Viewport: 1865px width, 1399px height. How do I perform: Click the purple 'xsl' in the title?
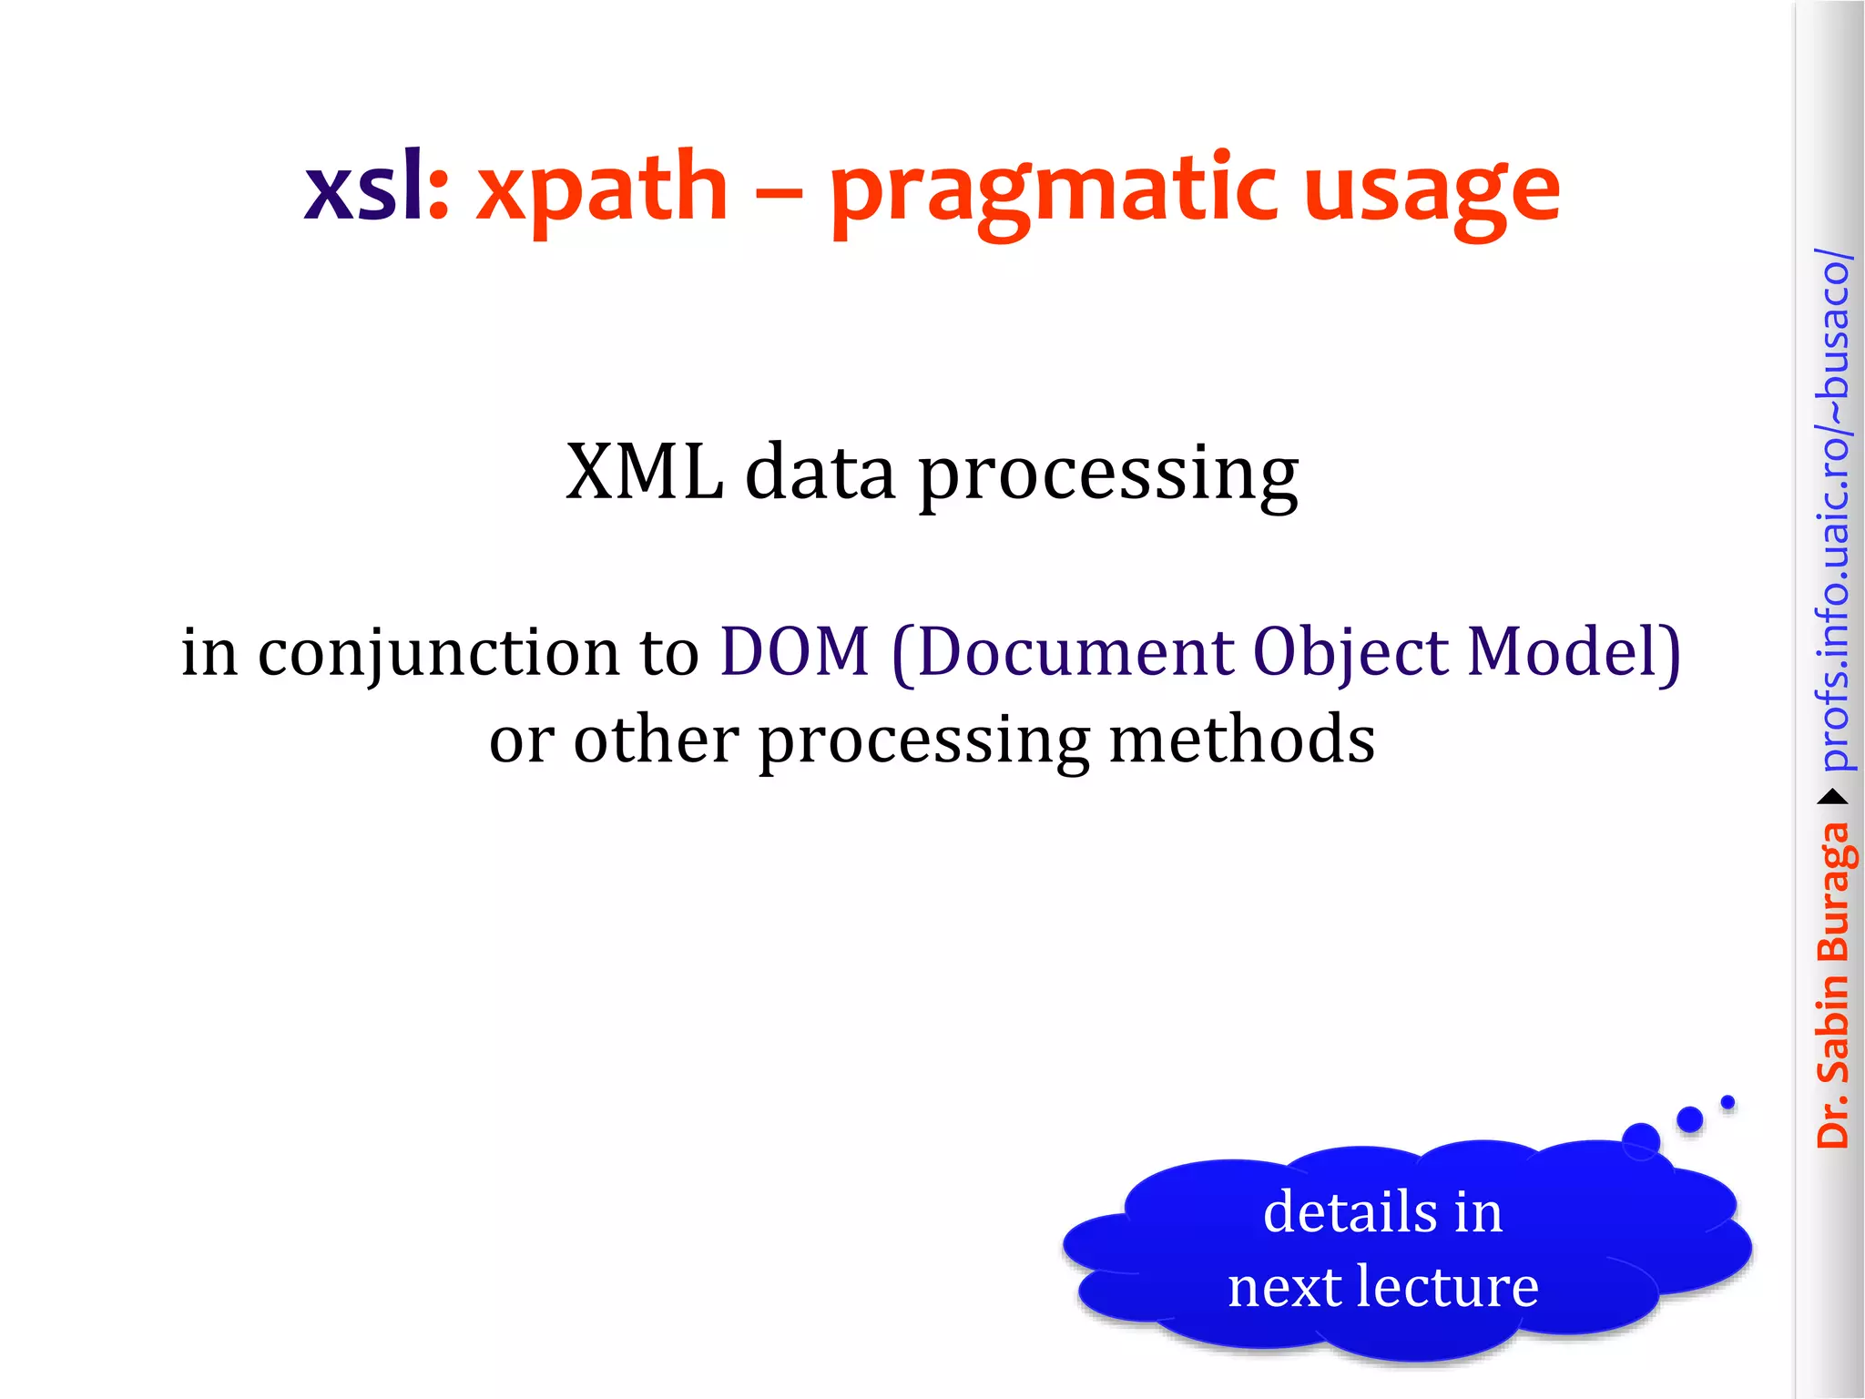tap(363, 189)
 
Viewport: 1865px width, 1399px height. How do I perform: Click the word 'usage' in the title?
tap(1432, 193)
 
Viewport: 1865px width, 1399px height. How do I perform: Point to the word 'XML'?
tap(643, 473)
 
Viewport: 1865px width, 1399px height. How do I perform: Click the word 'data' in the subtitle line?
tap(820, 473)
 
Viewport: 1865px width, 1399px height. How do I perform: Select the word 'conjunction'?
tap(438, 654)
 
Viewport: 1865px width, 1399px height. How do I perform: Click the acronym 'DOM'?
tap(795, 652)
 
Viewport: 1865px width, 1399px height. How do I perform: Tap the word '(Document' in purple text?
tap(1062, 652)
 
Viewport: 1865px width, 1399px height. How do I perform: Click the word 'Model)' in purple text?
tap(1575, 652)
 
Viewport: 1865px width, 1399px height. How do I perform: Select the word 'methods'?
tap(1241, 740)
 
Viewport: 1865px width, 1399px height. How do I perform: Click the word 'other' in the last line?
tap(656, 740)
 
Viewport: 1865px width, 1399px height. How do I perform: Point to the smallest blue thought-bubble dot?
tap(1727, 1103)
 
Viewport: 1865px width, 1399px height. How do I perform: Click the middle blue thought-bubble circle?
tap(1689, 1119)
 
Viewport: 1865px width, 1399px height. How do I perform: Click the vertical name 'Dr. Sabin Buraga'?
tap(1833, 984)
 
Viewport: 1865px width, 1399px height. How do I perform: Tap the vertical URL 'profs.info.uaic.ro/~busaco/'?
tap(1833, 510)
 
